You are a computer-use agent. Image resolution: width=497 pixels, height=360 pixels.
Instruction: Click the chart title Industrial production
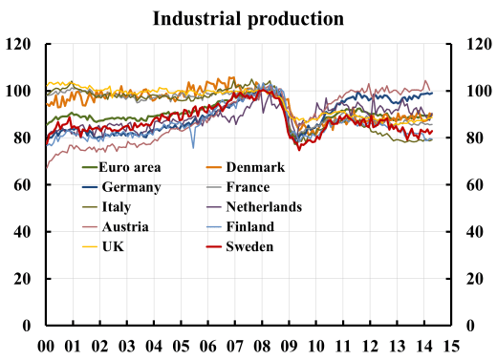coord(248,18)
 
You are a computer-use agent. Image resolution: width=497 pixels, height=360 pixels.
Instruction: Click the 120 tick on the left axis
coord(20,45)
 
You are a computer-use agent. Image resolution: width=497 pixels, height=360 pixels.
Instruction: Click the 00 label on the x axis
coord(45,346)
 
